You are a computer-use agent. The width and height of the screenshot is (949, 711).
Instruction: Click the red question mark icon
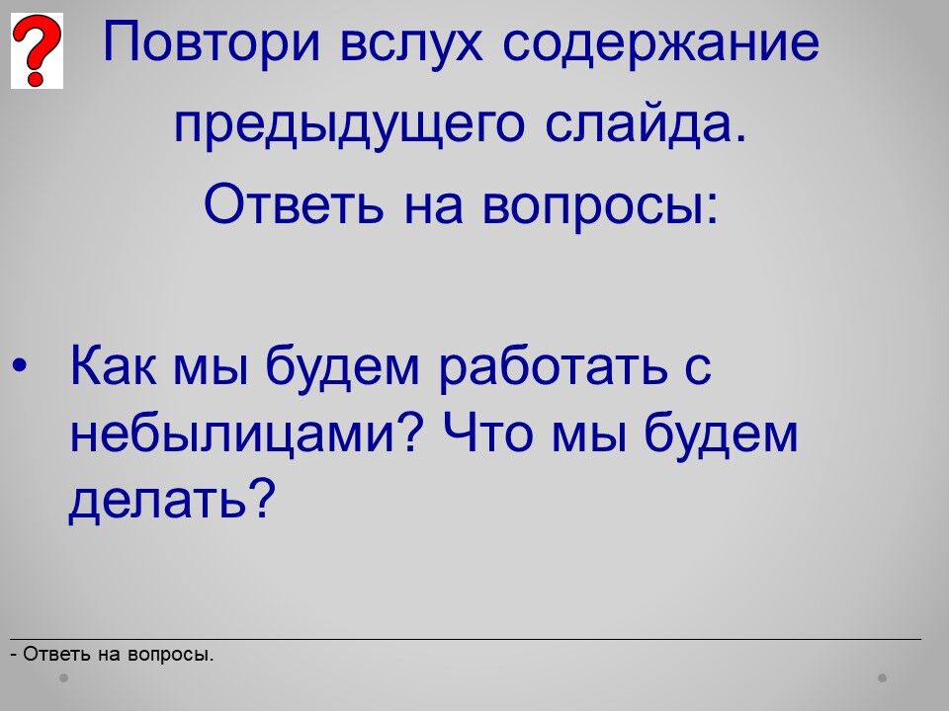point(37,50)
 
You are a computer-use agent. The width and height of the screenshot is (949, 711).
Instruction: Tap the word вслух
point(411,43)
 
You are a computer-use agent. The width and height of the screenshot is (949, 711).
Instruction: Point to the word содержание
point(661,43)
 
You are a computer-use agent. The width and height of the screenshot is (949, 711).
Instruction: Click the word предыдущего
point(349,125)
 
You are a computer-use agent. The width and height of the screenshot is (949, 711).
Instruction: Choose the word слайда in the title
point(646,123)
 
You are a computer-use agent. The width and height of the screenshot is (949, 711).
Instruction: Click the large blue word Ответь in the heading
point(294,202)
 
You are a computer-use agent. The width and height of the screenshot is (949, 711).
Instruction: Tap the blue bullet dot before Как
point(20,365)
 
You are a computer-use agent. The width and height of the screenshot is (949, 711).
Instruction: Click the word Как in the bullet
point(113,364)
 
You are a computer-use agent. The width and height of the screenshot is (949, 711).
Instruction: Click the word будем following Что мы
point(721,434)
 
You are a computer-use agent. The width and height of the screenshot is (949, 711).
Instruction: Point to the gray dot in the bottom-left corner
point(63,677)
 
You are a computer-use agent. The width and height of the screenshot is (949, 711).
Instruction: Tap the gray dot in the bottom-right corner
point(883,677)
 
